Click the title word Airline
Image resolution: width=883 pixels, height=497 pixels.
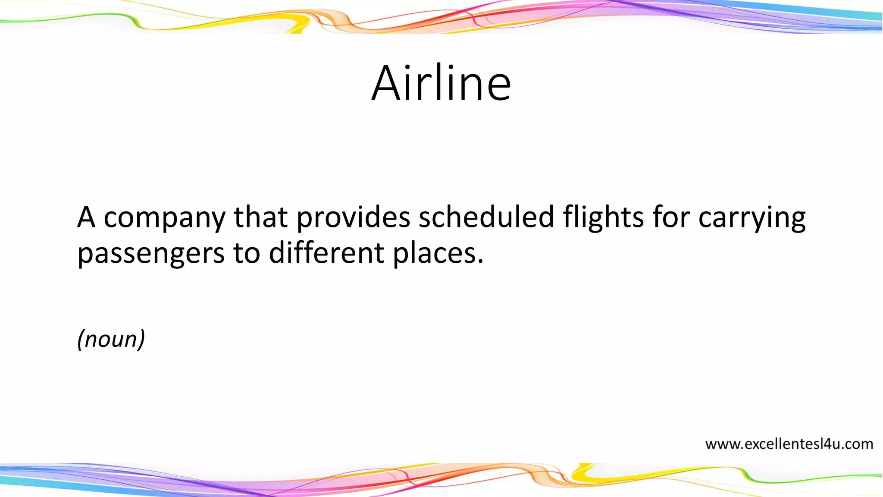[x=441, y=83]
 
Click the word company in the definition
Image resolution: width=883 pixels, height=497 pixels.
[x=164, y=218]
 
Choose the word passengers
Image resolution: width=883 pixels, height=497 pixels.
[x=151, y=254]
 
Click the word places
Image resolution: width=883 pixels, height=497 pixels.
[x=433, y=254]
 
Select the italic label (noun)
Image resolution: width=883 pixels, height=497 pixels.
[x=111, y=339]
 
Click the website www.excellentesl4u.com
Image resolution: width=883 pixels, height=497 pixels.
[x=789, y=444]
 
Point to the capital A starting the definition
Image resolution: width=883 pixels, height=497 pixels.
[x=86, y=217]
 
